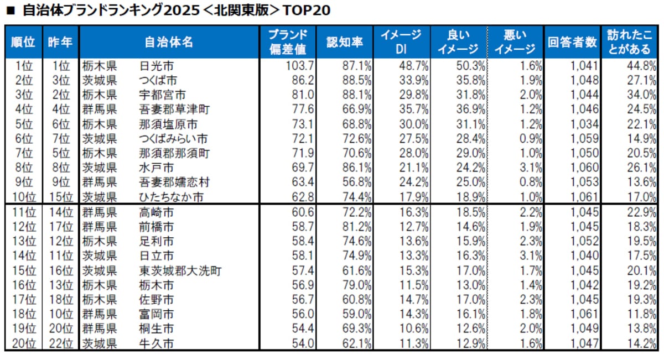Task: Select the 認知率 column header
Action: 345,41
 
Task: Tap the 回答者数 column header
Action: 572,41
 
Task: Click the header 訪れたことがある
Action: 629,41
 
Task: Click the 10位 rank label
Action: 22,196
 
